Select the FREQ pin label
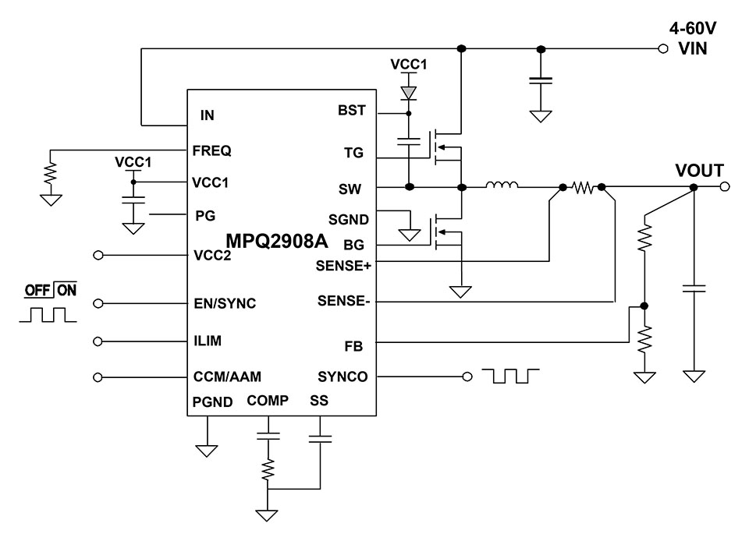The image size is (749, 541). click(x=211, y=150)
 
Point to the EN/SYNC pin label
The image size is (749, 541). click(x=225, y=303)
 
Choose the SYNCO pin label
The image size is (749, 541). click(x=343, y=377)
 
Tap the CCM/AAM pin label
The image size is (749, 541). click(x=227, y=377)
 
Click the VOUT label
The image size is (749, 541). click(x=700, y=171)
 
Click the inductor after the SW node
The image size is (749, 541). click(x=502, y=186)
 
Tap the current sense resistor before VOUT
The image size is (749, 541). click(x=583, y=187)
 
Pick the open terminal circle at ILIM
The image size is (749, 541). click(x=98, y=341)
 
